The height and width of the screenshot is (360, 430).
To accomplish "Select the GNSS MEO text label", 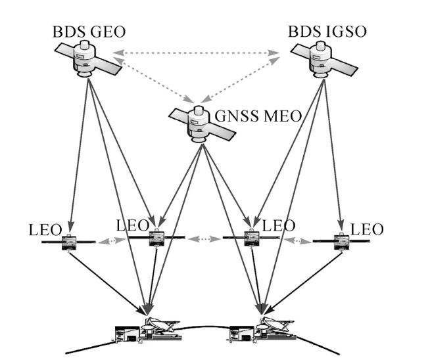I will (258, 117).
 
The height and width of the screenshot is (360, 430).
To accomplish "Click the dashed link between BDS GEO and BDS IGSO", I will (197, 51).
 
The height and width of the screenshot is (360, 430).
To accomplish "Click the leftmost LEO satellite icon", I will (69, 244).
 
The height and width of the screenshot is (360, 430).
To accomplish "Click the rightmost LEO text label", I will (367, 230).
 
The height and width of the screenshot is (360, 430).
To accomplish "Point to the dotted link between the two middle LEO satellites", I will (204, 238).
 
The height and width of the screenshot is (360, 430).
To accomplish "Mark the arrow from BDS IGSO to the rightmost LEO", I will (331, 158).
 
